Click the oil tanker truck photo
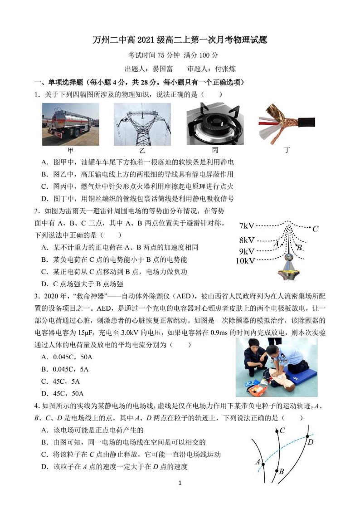click(x=70, y=123)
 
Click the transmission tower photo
click(x=142, y=124)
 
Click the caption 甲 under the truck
click(x=70, y=150)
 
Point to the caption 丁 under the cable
click(x=287, y=150)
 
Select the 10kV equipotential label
click(x=245, y=260)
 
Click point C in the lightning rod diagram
click(x=315, y=229)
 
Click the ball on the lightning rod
click(x=288, y=257)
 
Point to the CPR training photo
click(x=276, y=367)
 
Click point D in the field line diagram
click(x=310, y=442)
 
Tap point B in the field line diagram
click(x=281, y=472)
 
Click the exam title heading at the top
click(x=180, y=40)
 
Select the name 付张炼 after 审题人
click(x=225, y=69)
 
